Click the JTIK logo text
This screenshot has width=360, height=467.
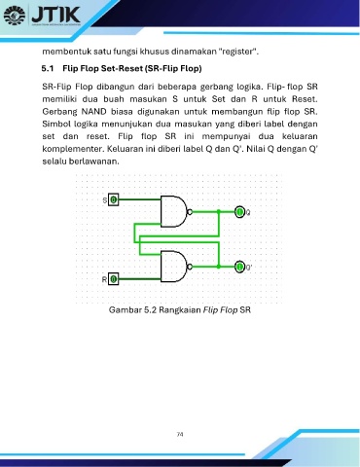pos(55,14)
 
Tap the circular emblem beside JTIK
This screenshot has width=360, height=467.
pos(15,16)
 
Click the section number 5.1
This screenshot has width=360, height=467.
pos(48,69)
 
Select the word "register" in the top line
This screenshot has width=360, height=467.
pos(237,52)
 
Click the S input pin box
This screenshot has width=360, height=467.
pos(113,199)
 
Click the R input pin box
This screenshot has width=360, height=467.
pos(113,279)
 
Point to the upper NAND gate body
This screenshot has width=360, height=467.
pos(173,211)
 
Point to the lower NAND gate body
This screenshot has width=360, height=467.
pos(173,267)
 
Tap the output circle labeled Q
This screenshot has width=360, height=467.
pos(239,212)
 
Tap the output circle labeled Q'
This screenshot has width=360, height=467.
pos(239,267)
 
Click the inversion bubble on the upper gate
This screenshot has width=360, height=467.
pos(190,212)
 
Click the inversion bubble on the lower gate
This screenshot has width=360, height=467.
pos(190,267)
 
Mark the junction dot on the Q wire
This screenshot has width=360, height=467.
pos(219,212)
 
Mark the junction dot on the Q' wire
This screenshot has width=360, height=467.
pos(219,267)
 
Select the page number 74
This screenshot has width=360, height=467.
pos(180,434)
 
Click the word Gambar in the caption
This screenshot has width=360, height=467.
pos(121,310)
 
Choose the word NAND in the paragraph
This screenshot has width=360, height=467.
pos(93,112)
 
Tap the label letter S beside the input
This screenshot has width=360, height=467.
pos(105,200)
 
